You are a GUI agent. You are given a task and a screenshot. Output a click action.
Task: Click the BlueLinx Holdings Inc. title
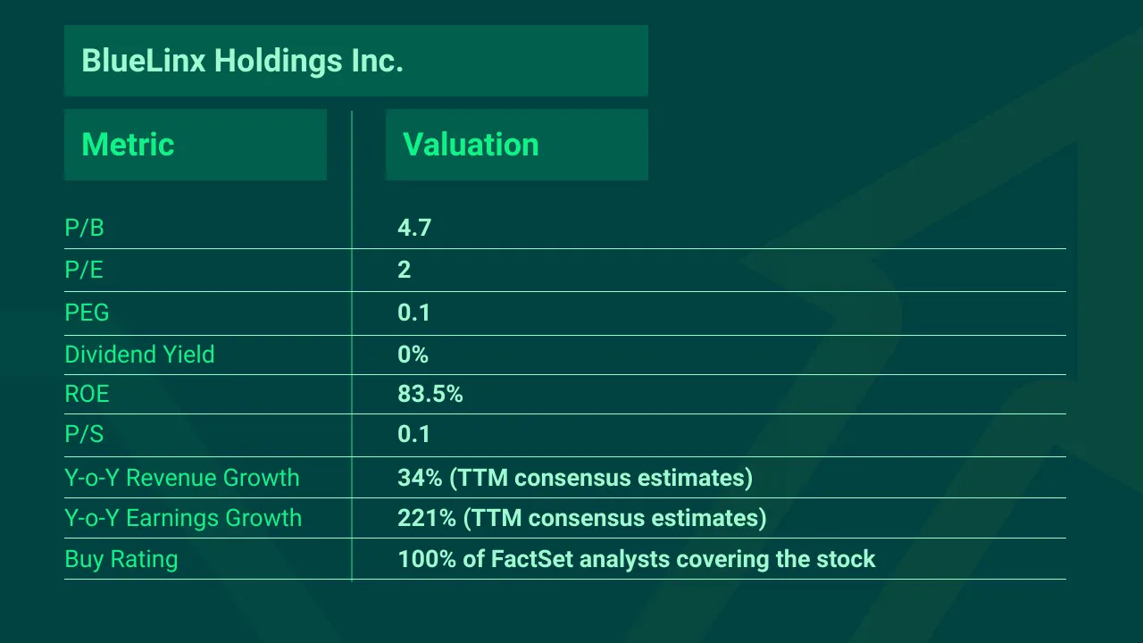(x=242, y=61)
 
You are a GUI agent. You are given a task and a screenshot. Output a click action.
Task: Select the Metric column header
(x=128, y=145)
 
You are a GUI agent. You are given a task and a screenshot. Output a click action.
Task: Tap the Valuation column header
(x=471, y=145)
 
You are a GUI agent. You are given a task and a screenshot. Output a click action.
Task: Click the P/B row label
(x=84, y=229)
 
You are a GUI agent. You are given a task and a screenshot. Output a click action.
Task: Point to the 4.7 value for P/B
(x=414, y=229)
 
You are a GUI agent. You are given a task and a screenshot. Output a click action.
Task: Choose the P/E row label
(x=84, y=270)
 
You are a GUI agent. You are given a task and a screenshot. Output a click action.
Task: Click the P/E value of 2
(x=404, y=270)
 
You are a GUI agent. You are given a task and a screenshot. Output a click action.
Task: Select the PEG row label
(x=87, y=313)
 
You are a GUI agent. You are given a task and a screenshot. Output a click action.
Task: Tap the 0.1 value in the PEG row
(x=414, y=313)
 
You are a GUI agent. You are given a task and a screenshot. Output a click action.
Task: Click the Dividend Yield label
(x=139, y=355)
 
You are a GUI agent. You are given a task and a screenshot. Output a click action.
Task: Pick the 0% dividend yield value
(x=413, y=355)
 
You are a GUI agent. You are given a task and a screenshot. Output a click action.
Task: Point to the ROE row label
(x=87, y=394)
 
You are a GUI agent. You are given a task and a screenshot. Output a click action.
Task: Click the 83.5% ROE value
(x=430, y=394)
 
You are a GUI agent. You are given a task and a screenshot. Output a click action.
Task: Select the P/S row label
(x=84, y=435)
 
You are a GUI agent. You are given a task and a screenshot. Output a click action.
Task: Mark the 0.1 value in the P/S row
(x=414, y=435)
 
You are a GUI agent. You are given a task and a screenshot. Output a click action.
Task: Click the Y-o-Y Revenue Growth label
(x=182, y=478)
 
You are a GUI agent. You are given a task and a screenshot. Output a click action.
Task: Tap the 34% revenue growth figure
(x=420, y=478)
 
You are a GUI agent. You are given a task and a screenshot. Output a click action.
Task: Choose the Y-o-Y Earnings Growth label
(x=183, y=518)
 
